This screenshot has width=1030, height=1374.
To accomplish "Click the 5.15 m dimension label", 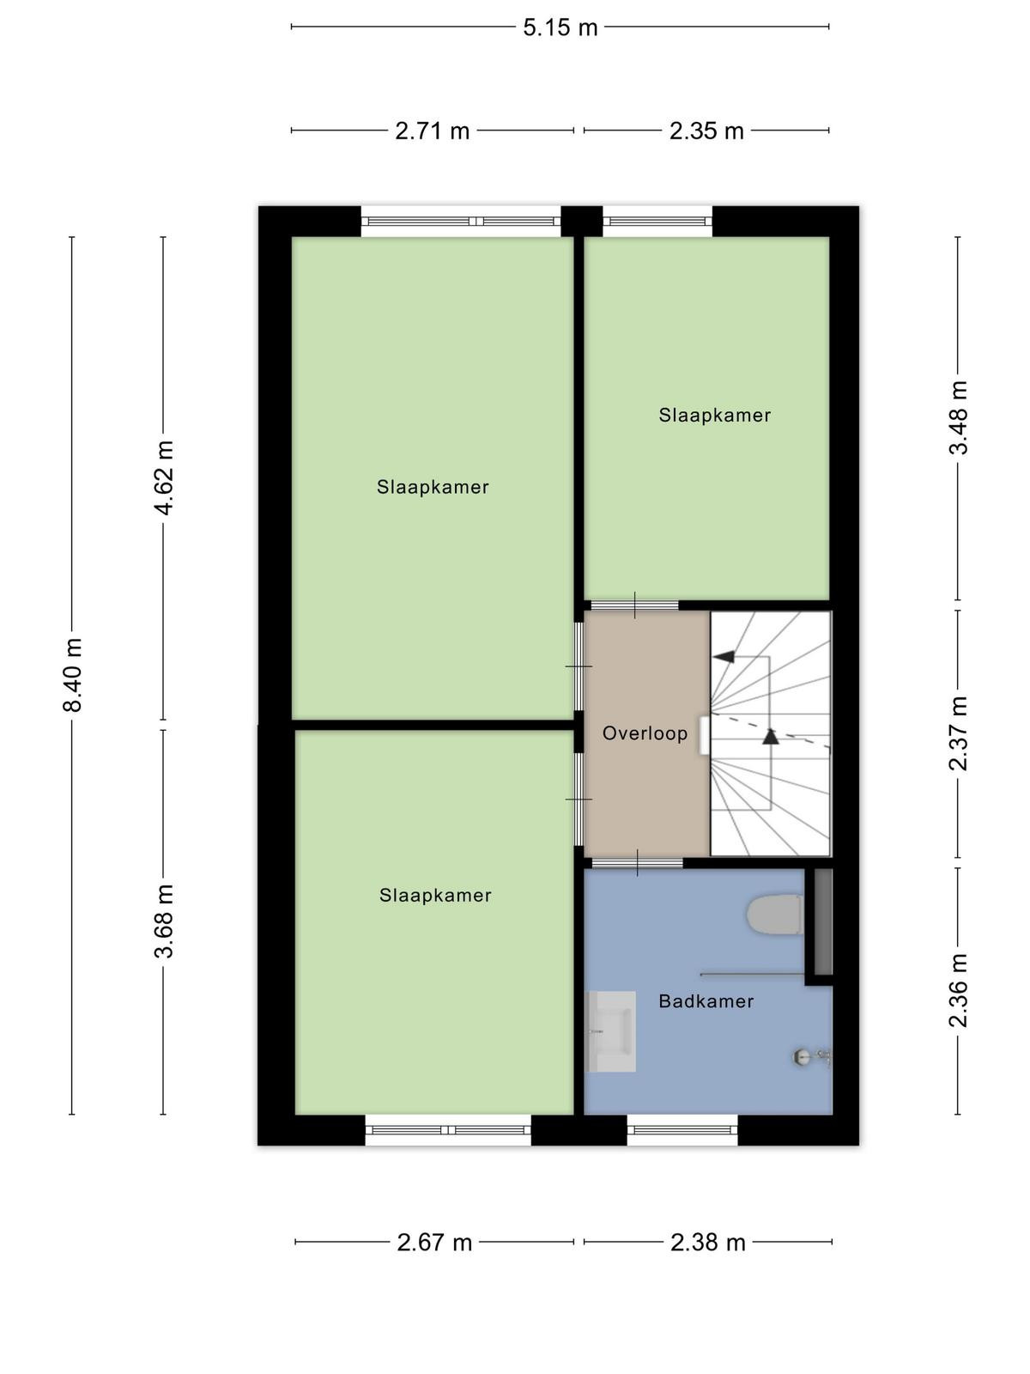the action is click(x=560, y=27).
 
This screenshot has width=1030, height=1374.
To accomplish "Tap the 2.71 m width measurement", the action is click(x=432, y=131).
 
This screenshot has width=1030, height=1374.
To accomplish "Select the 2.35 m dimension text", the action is click(x=706, y=131).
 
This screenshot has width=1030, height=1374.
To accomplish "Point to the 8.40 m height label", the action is click(x=73, y=676).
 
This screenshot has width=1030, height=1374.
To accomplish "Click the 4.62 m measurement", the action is click(x=164, y=478).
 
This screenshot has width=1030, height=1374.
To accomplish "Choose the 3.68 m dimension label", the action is click(x=164, y=921).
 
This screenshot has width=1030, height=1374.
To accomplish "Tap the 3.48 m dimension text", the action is click(x=958, y=417).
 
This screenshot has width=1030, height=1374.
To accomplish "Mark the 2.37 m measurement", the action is click(x=958, y=733).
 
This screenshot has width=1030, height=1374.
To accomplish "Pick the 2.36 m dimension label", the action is click(x=958, y=990).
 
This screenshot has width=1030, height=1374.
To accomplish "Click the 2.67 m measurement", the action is click(x=434, y=1243).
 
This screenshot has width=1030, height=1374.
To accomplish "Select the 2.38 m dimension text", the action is click(x=708, y=1243).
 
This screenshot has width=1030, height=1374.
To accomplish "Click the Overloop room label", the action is click(x=645, y=733).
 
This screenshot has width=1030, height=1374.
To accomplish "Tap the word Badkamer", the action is click(x=706, y=1001).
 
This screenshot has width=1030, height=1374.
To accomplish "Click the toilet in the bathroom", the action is click(x=775, y=915).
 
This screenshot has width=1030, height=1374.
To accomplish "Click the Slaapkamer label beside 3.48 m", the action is click(x=714, y=415).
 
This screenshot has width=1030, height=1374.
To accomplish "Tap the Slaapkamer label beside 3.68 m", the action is click(x=435, y=895).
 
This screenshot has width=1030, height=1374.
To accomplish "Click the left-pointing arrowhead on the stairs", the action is click(x=724, y=657).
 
